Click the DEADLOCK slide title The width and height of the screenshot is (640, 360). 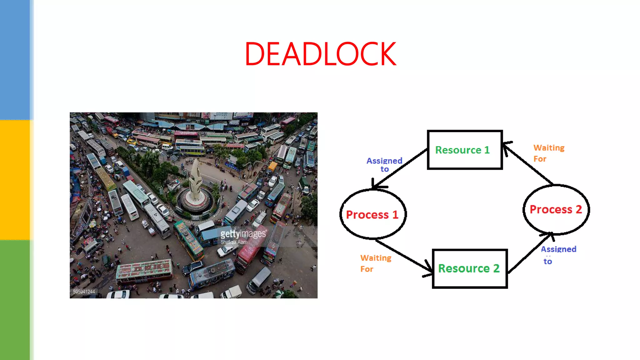(x=320, y=54)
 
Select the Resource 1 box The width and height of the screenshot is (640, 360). (x=465, y=150)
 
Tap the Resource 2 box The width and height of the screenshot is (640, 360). (x=469, y=268)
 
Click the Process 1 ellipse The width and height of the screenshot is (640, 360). (x=372, y=214)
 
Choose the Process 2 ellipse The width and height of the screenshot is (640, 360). (x=556, y=209)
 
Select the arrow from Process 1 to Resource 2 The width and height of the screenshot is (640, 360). (x=403, y=255)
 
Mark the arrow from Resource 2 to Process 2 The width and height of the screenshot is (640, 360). (x=530, y=253)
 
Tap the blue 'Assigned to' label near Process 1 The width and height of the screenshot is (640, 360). (x=384, y=165)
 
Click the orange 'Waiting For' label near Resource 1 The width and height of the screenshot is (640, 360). (x=548, y=153)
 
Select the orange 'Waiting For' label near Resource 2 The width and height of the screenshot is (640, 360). (x=376, y=263)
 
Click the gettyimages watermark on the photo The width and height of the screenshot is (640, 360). (x=243, y=234)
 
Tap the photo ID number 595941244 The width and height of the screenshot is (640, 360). (x=84, y=292)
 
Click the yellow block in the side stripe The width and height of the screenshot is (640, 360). (x=15, y=180)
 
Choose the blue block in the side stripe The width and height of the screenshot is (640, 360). (x=15, y=59)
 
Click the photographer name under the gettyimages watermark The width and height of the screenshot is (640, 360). (x=234, y=242)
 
